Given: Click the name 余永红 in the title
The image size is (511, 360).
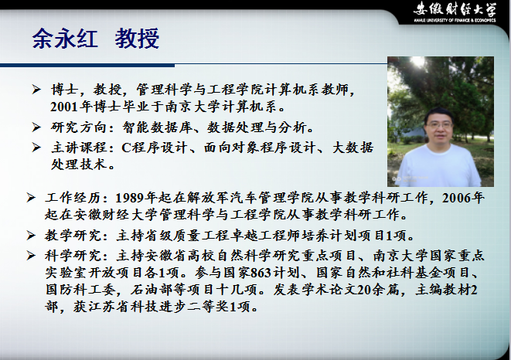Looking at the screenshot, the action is click(65, 39).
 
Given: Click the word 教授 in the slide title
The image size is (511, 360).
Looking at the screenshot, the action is click(137, 39).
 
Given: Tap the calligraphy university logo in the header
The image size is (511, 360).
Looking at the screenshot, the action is click(455, 10).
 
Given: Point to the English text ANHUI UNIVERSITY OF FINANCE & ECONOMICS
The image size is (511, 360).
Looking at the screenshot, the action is click(455, 20).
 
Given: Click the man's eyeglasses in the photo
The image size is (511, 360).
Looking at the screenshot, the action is click(438, 125).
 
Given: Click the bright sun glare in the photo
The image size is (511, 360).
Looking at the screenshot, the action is click(417, 62).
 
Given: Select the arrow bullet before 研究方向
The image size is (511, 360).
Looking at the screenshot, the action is click(36, 127).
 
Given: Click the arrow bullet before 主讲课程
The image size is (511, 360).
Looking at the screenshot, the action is click(36, 148).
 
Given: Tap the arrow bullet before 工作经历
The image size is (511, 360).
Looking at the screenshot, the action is click(31, 198).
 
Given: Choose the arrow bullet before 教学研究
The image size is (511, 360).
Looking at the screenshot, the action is click(31, 235).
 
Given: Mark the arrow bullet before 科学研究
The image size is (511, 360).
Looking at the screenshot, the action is click(31, 256).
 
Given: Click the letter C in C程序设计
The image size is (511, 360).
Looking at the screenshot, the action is click(127, 148).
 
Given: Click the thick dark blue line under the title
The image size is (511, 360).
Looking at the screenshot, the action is click(87, 66).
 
